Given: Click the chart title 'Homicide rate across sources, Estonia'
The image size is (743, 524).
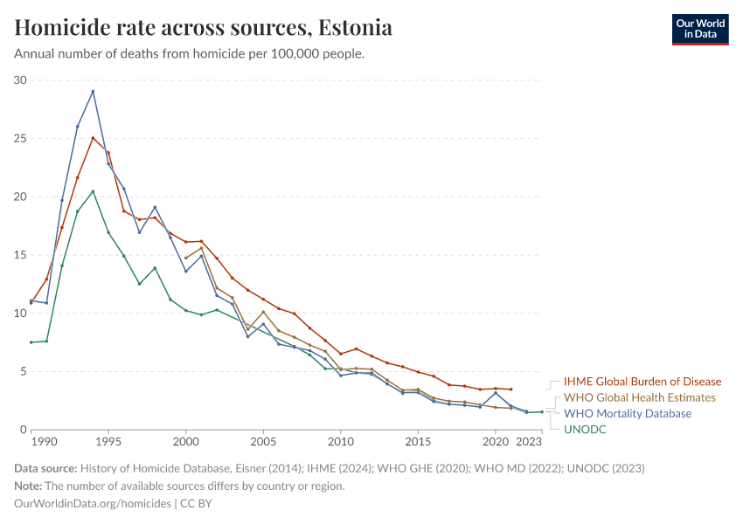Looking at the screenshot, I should coord(203,28).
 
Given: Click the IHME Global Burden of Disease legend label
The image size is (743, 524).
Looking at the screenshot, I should coord(642,382).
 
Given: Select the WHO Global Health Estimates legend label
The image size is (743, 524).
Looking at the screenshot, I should coord(639,397).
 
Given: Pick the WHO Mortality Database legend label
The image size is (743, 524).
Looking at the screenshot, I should coord(628,413).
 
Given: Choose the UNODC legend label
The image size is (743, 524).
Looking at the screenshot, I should coord(585,429).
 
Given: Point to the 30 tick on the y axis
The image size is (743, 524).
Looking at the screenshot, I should coord(20,80).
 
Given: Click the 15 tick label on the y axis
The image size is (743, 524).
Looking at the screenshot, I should coord(20,255).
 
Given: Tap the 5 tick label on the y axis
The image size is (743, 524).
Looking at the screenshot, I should coord(24,371).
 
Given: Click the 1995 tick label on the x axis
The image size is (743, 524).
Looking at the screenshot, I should coord(108,443).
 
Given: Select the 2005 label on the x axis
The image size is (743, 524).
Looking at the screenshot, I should coord(263,443).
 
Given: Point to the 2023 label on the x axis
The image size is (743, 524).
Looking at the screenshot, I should coord(542,443).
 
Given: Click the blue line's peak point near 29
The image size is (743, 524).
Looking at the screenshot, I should coord(93,91).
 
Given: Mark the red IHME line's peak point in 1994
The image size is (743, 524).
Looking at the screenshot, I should coord(93,138).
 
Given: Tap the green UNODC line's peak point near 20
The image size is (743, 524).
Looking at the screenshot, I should coord(93,191).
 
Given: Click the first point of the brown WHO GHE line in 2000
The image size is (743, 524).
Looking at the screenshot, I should coord(185,258).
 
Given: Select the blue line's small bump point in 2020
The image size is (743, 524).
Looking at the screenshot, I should coord(496,393).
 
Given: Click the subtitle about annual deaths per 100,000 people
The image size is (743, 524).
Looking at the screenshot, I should coord(189,54).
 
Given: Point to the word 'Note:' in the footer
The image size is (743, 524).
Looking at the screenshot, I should coord(30,486).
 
